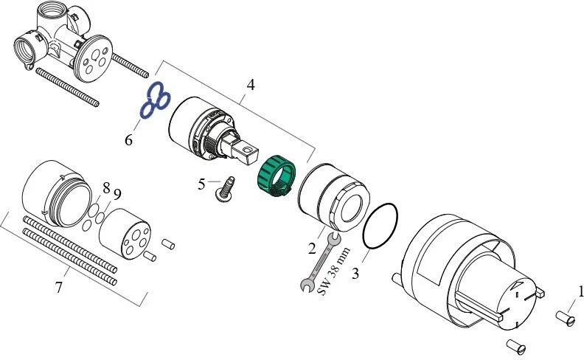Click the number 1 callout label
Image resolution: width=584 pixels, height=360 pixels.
click(x=580, y=292)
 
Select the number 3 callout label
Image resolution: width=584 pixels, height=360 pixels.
click(x=355, y=274)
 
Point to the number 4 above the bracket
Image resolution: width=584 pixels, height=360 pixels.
click(x=251, y=85)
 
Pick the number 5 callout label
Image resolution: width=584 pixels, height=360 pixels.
click(x=201, y=184)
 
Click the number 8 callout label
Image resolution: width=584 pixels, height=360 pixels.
click(x=106, y=187)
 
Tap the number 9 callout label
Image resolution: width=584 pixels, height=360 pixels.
click(x=117, y=195)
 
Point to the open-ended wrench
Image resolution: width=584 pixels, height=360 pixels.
click(x=319, y=263)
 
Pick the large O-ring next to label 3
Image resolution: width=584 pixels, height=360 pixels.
click(x=380, y=225)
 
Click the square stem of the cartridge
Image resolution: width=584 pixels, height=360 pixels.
click(x=246, y=151)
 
